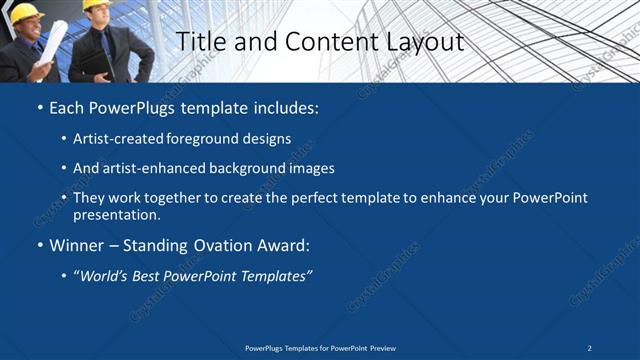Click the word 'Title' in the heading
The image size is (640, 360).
(x=200, y=41)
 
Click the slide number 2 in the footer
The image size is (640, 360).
(x=590, y=348)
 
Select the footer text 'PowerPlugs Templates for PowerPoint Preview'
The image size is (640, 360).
(x=320, y=348)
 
